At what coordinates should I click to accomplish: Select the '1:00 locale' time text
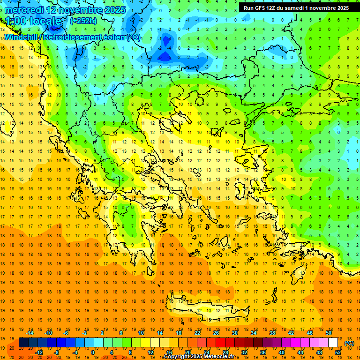click(x=33, y=21)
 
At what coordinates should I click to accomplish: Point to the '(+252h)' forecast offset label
click(x=83, y=21)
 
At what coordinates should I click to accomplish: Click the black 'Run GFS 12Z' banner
click(x=296, y=8)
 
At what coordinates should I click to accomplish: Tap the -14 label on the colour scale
click(x=30, y=333)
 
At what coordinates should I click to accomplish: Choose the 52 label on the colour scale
click(x=338, y=352)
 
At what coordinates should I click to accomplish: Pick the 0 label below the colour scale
click(x=92, y=352)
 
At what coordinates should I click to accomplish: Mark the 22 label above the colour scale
click(x=197, y=333)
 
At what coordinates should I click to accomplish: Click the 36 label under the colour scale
click(x=263, y=352)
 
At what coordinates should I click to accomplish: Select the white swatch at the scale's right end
click(x=333, y=343)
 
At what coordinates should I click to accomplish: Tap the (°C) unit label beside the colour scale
click(x=349, y=343)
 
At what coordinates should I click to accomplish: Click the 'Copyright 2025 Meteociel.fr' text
click(x=199, y=357)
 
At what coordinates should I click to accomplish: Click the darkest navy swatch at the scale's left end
click(x=23, y=343)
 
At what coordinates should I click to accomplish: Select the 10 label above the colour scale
click(x=141, y=333)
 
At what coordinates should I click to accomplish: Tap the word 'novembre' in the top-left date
click(x=79, y=10)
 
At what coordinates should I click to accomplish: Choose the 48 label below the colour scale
click(x=319, y=352)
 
